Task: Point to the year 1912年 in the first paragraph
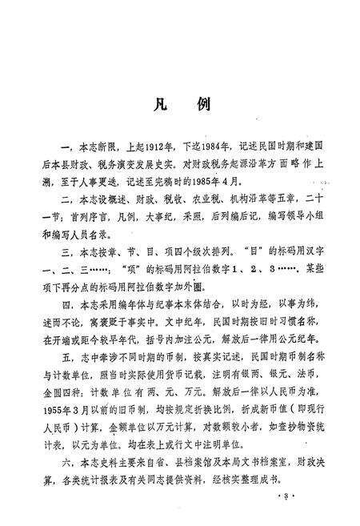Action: click(150, 147)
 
